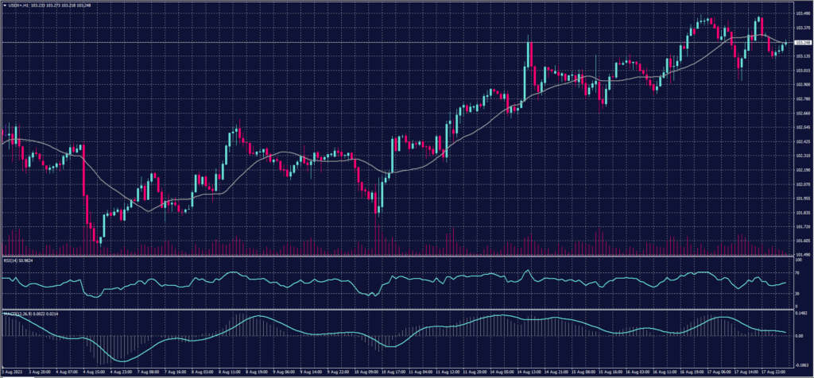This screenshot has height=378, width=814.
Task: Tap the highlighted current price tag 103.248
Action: point(803,42)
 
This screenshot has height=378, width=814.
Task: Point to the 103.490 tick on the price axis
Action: point(802,13)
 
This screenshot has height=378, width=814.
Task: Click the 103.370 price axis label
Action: point(802,28)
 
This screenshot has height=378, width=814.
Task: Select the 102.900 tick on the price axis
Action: point(802,84)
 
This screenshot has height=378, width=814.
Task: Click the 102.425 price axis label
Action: point(802,141)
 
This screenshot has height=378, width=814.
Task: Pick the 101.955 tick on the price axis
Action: point(802,198)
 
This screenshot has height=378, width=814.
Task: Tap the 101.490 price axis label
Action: point(802,254)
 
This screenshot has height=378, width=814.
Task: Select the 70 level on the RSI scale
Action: point(797,272)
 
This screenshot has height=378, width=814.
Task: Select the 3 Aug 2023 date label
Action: point(12,371)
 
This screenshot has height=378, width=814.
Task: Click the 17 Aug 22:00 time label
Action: point(773,371)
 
